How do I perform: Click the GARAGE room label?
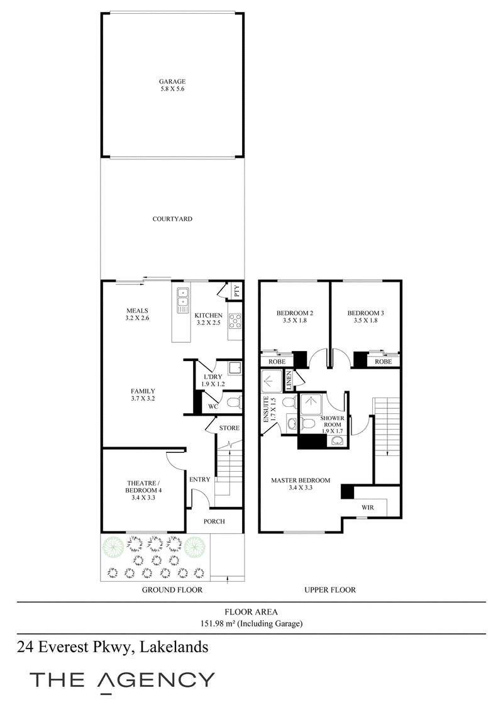(x=172, y=82)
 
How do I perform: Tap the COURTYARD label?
(x=172, y=219)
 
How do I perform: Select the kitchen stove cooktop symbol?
(x=235, y=321)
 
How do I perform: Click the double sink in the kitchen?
(x=182, y=301)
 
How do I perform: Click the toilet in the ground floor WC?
(x=235, y=403)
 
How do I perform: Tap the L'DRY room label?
(x=213, y=377)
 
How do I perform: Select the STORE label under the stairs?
(x=229, y=428)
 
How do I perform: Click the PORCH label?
(x=214, y=521)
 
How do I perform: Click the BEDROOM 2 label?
(x=295, y=313)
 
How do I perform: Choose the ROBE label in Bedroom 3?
(x=383, y=362)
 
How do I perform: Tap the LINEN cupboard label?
(x=289, y=381)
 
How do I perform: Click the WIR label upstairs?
(x=368, y=507)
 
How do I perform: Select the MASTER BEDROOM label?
(x=301, y=481)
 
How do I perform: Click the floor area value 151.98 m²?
(x=218, y=623)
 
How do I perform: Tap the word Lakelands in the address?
(x=174, y=647)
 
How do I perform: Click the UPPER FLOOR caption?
(x=330, y=590)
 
